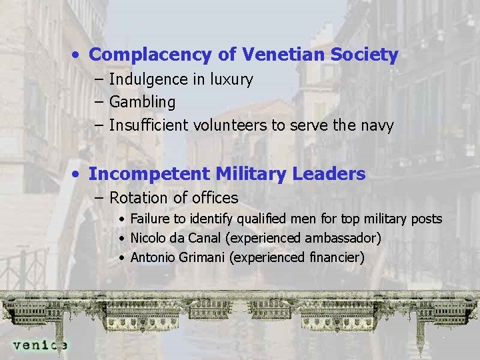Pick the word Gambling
142,103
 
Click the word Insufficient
149,125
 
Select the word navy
377,125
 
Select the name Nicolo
149,238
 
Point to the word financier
333,257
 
